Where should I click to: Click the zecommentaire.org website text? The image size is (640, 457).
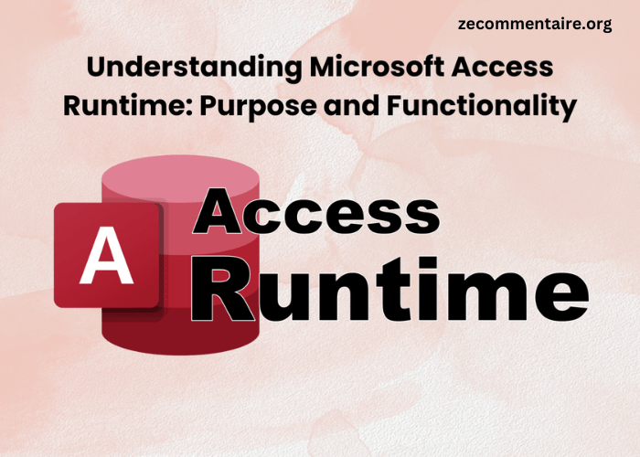tap(535, 25)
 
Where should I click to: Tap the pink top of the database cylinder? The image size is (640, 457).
tap(179, 177)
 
